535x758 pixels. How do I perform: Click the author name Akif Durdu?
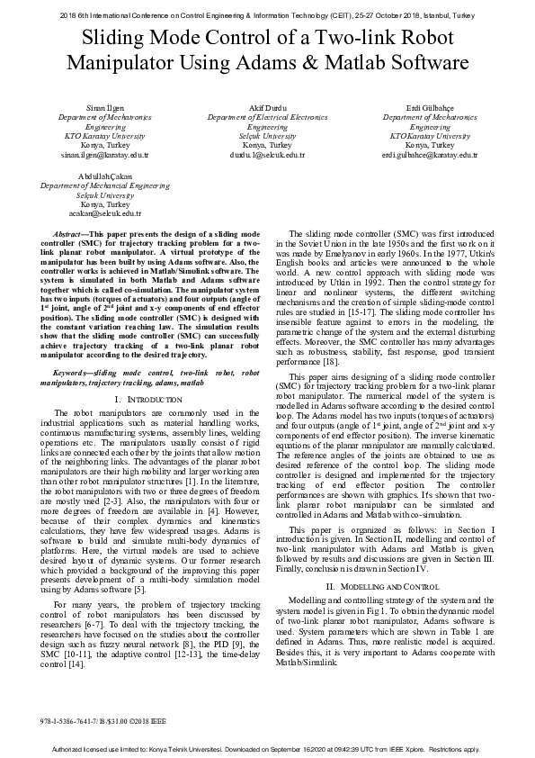coord(267,108)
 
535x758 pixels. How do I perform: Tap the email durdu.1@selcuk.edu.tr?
coord(267,155)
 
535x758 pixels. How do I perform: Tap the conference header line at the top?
coord(267,15)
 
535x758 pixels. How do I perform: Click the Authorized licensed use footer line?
coord(267,749)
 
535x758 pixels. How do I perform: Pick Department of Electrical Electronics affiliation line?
coord(267,118)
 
